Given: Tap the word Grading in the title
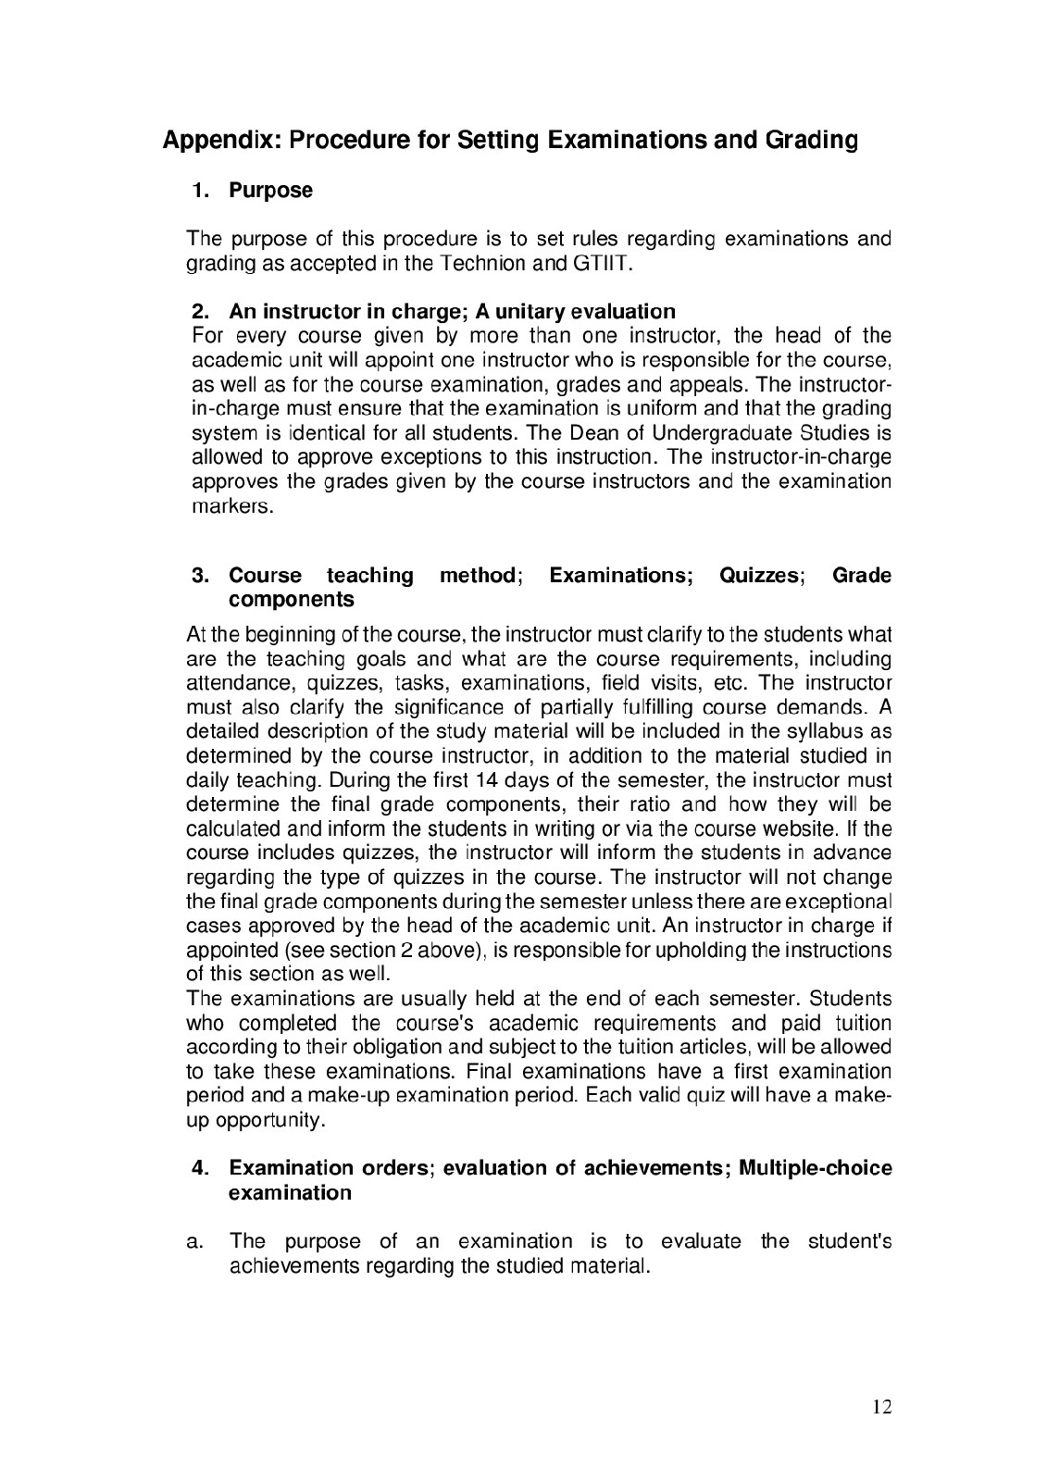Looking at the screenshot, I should tap(810, 141).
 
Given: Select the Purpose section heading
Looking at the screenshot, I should tap(270, 191).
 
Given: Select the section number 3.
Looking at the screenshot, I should tap(199, 576).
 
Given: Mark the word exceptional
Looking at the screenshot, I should tap(838, 902).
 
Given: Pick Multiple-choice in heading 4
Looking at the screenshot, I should tap(815, 1168).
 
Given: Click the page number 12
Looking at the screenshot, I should tap(881, 1408).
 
